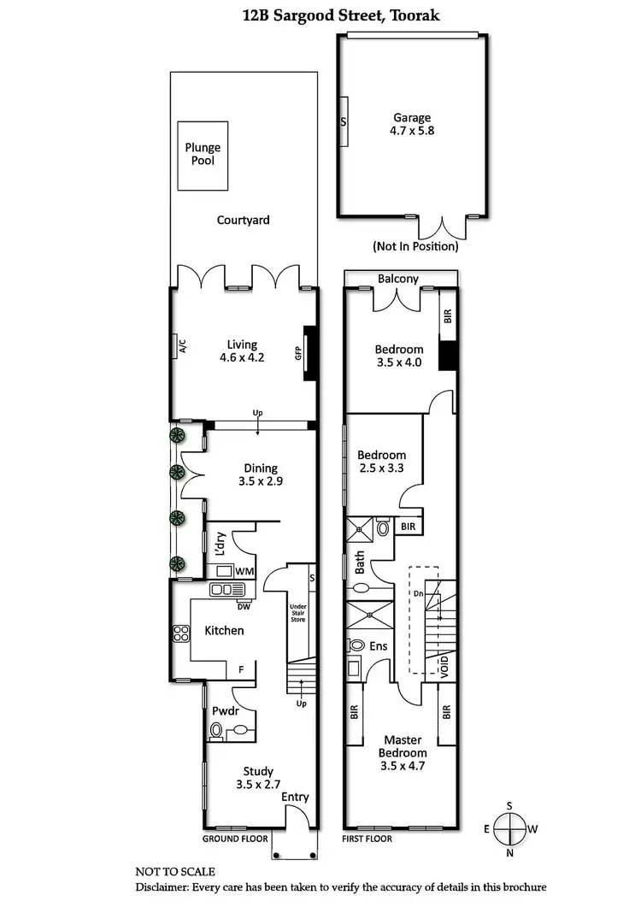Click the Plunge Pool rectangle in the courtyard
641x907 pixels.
203,156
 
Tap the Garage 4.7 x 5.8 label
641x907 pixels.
412,125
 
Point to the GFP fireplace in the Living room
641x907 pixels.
309,351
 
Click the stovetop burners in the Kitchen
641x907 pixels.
181,633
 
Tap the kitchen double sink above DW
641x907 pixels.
228,589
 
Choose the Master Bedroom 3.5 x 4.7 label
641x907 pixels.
404,752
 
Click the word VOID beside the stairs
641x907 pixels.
444,666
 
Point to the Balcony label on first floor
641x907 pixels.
398,279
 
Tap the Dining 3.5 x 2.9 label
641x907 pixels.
261,474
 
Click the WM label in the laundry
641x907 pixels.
244,570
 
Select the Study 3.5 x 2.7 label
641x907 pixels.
257,777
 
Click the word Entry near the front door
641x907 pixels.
295,798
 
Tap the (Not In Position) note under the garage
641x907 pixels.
415,246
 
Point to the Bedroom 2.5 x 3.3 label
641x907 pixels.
381,462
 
